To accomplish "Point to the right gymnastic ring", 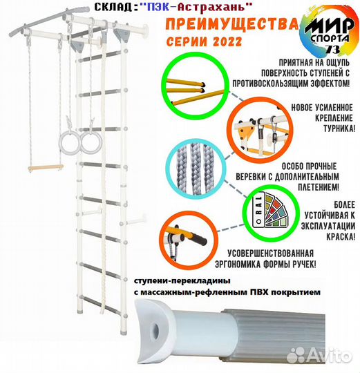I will pos(90,144).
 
